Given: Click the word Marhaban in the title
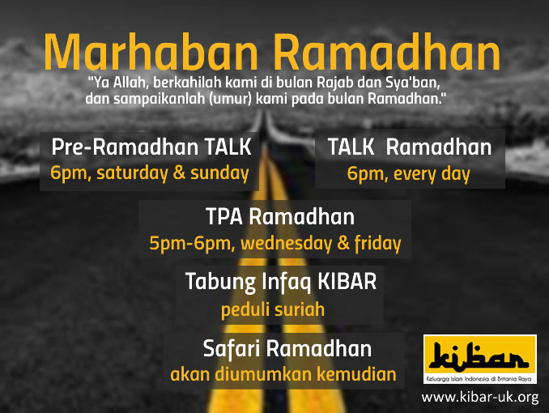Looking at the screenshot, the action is pyautogui.click(x=151, y=52).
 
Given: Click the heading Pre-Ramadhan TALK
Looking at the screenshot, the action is pyautogui.click(x=151, y=147).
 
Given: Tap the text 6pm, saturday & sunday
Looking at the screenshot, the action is pyautogui.click(x=150, y=173).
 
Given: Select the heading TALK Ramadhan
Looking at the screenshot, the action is pyautogui.click(x=410, y=147).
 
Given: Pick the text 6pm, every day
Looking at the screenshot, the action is pyautogui.click(x=408, y=174).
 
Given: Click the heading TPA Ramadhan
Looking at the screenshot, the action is pyautogui.click(x=280, y=217).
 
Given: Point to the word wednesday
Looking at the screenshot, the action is pyautogui.click(x=286, y=244).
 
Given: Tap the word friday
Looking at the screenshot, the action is pyautogui.click(x=378, y=244).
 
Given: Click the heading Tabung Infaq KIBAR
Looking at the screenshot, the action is pyautogui.click(x=281, y=282).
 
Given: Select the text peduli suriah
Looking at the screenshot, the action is pyautogui.click(x=273, y=309).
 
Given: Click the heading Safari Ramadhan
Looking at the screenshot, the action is pyautogui.click(x=287, y=348).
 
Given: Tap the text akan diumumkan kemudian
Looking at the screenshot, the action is pyautogui.click(x=283, y=374).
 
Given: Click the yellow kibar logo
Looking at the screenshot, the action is pyautogui.click(x=480, y=360).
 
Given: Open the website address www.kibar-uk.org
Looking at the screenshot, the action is pyautogui.click(x=480, y=398).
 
